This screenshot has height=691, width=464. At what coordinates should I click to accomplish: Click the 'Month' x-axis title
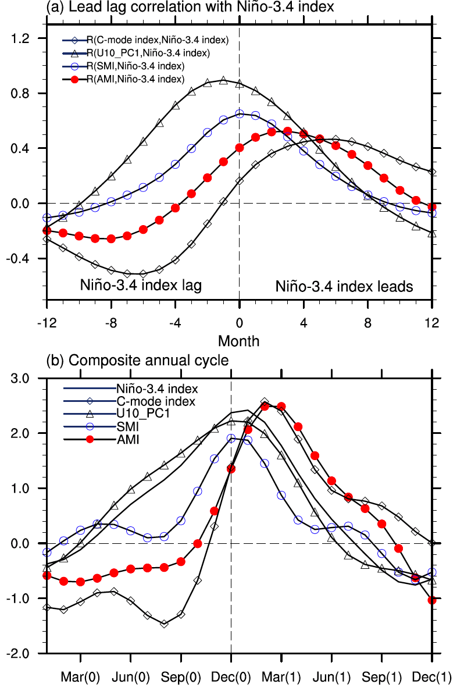coord(238,340)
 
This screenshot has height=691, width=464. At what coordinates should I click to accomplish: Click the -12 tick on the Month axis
coord(47,322)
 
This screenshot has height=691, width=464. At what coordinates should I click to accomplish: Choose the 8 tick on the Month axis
coord(367,322)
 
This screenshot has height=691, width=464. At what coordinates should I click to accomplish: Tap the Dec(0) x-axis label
coord(231,677)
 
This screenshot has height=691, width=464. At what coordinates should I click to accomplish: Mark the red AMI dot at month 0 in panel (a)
coord(239,148)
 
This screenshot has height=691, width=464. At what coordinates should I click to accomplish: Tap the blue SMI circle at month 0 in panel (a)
coord(239,114)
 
